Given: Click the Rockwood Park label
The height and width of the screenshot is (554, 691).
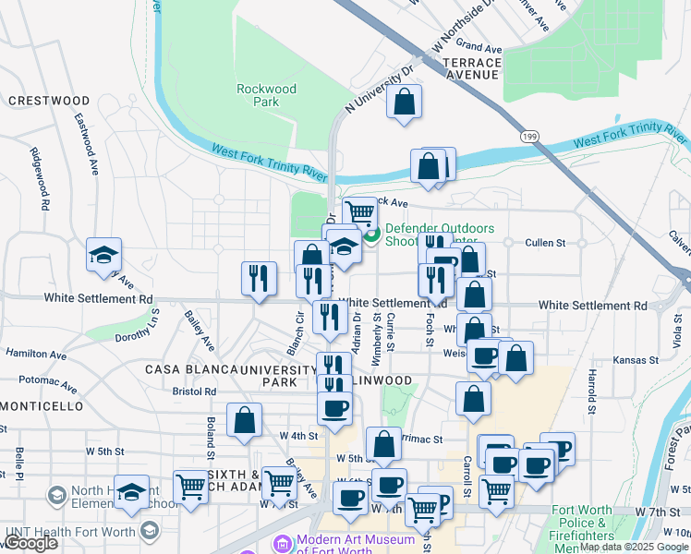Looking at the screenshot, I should [x=266, y=95].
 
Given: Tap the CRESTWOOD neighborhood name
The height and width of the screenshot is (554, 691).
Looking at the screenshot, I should [x=49, y=101].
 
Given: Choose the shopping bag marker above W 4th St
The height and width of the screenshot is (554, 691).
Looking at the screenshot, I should [x=244, y=419].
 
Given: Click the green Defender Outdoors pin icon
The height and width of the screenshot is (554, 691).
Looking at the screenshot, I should [x=372, y=235].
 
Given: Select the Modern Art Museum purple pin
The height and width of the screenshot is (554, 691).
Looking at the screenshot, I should [x=283, y=542].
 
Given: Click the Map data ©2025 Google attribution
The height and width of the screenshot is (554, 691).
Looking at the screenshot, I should [x=633, y=547].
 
